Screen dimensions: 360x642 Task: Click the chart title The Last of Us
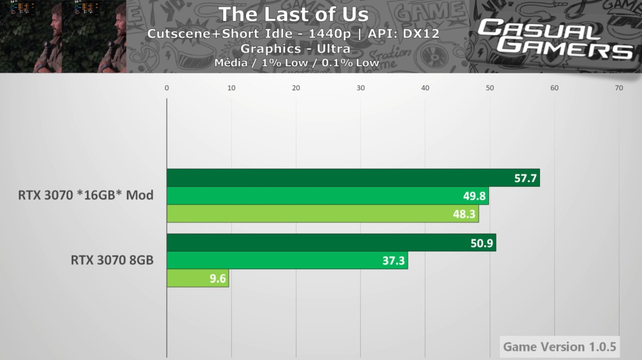point(293,14)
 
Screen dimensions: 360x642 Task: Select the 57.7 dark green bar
point(353,178)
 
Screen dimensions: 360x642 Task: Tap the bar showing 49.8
point(327,196)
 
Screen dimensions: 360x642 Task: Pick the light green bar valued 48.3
point(323,214)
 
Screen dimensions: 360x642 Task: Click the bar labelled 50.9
point(331,243)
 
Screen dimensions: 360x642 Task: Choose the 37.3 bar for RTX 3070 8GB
point(287,261)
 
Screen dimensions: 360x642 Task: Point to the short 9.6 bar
point(197,278)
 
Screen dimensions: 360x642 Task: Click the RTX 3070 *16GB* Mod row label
point(86,195)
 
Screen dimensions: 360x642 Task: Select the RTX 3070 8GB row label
point(112,261)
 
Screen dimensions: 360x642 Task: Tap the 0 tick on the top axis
point(167,88)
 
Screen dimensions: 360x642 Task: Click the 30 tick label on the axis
point(361,88)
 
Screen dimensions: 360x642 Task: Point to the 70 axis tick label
point(619,88)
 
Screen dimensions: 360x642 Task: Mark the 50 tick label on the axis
point(490,88)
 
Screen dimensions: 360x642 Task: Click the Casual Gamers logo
point(555,39)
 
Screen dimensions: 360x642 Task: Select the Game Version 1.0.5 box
point(559,347)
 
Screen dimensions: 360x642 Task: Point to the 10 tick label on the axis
point(231,88)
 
